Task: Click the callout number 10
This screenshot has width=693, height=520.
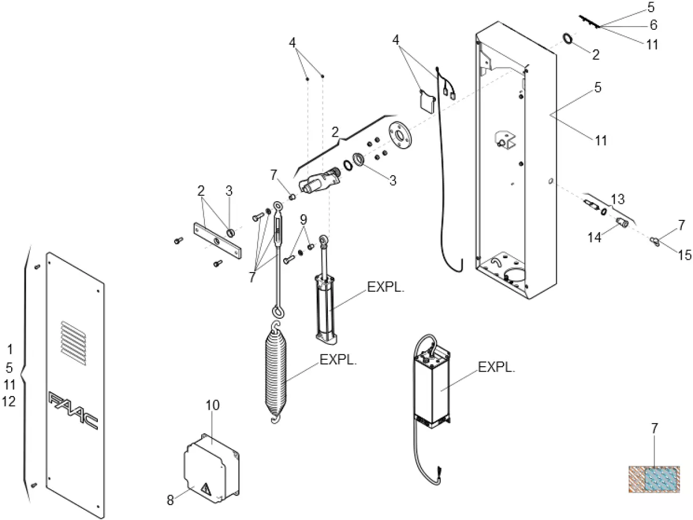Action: [x=212, y=406]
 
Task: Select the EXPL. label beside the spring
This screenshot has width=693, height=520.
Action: [x=338, y=360]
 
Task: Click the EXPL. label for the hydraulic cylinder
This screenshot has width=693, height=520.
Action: [x=385, y=288]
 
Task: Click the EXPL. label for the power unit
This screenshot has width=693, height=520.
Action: [x=497, y=367]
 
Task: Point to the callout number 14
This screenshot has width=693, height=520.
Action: [x=594, y=237]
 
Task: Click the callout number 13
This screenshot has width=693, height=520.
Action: [x=617, y=200]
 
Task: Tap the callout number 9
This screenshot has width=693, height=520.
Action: [x=303, y=219]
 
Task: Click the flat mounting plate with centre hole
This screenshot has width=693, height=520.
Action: [x=217, y=241]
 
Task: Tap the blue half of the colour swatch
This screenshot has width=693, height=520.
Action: [x=662, y=478]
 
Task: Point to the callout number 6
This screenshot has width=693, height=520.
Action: [x=653, y=25]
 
